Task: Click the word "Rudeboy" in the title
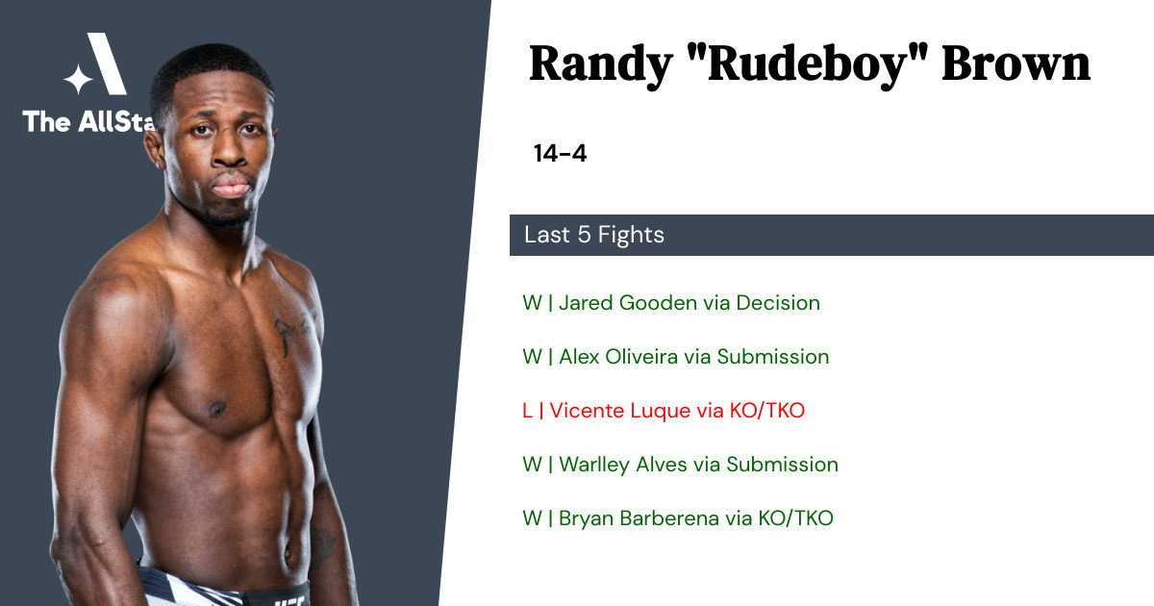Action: (818, 64)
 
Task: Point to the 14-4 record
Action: (560, 153)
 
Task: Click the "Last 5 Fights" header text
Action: (594, 235)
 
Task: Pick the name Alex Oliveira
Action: (618, 357)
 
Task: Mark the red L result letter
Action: (527, 411)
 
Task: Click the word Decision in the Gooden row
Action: (778, 302)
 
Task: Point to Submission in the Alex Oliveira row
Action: (773, 357)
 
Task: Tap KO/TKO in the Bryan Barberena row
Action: (795, 518)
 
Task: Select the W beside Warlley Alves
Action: (532, 465)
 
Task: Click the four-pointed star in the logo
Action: (78, 79)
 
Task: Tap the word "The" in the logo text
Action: (46, 121)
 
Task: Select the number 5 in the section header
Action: (584, 235)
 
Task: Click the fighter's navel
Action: (288, 553)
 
